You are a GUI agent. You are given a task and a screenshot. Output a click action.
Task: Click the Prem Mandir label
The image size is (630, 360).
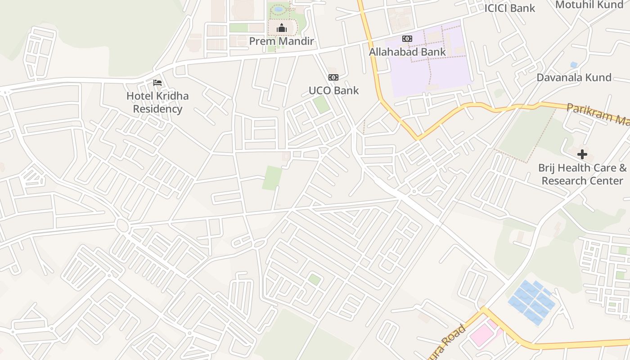(x=281, y=41)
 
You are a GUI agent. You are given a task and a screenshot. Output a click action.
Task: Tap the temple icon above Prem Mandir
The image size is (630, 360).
(x=282, y=28)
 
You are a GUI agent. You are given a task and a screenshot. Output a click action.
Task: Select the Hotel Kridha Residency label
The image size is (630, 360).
(x=157, y=103)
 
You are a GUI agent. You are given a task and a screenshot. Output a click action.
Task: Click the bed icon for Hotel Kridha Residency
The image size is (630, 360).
(x=157, y=83)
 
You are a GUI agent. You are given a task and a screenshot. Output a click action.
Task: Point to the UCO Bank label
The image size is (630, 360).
(x=333, y=90)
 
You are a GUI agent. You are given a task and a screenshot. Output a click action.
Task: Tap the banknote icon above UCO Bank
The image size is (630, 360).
(x=333, y=77)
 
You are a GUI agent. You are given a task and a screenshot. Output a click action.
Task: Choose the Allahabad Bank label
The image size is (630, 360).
(x=407, y=52)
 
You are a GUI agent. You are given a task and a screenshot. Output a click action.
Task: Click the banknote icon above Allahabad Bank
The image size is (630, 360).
(x=407, y=39)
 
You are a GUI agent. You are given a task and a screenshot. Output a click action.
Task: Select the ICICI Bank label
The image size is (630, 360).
(x=509, y=8)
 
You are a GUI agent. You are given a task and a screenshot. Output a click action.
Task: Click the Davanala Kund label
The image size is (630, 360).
(x=574, y=77)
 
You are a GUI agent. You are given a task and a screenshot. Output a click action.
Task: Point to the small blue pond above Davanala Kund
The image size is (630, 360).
(x=573, y=65)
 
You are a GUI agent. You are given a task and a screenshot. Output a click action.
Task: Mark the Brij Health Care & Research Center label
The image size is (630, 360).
(x=582, y=174)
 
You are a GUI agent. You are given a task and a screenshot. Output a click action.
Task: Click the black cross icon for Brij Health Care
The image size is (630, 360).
(x=582, y=154)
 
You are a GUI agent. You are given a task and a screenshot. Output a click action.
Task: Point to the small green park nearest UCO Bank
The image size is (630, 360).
(x=321, y=104)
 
